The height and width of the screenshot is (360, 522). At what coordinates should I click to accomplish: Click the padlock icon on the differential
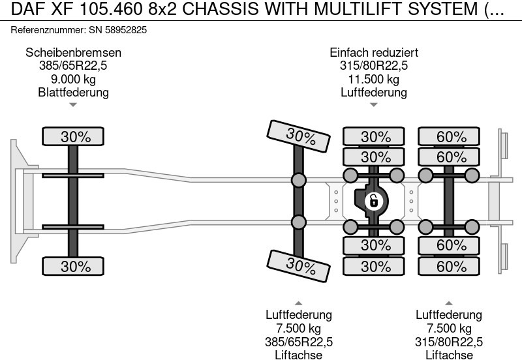373,201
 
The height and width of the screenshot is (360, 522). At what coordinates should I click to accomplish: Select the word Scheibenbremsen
73,53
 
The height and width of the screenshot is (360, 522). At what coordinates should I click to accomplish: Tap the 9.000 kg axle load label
73,79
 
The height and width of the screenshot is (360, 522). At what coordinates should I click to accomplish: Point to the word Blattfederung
73,92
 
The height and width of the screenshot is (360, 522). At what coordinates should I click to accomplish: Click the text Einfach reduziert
374,53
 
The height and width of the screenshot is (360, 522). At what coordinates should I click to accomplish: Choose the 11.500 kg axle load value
374,79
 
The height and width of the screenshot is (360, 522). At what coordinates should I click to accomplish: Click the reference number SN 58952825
115,30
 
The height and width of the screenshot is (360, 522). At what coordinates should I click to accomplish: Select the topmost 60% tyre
452,136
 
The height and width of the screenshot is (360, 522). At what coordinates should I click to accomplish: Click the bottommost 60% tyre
452,266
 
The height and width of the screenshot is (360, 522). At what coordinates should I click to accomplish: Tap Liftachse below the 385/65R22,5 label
298,355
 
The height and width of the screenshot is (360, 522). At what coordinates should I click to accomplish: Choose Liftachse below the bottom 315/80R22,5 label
449,355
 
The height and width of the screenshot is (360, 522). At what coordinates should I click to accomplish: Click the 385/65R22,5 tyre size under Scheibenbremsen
73,66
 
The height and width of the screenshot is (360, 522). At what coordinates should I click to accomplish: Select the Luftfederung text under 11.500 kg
374,92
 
